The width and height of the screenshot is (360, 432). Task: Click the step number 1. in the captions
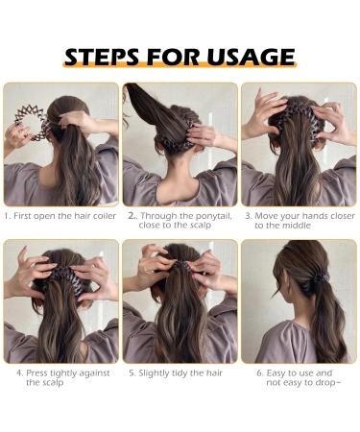coord(9,216)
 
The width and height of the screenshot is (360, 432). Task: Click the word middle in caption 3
coord(294,227)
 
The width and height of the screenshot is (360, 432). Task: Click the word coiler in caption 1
coord(100,216)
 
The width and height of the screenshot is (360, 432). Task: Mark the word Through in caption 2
coord(154,216)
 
